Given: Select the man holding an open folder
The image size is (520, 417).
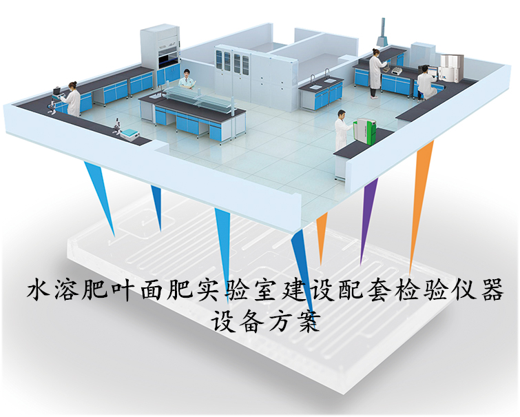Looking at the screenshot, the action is tap(187, 80).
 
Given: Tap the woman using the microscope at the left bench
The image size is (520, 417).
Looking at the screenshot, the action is tap(74, 99).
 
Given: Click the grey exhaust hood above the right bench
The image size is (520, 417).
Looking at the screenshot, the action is tap(384, 33).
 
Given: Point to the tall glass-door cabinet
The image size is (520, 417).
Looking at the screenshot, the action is tap(232, 74).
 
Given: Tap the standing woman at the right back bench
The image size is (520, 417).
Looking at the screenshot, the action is tap(375, 73).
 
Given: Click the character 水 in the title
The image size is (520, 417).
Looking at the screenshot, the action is tap(39, 291).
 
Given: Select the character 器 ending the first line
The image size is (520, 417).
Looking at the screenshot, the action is tap(492, 290).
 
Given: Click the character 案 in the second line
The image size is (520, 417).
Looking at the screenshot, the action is tap(308, 321).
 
